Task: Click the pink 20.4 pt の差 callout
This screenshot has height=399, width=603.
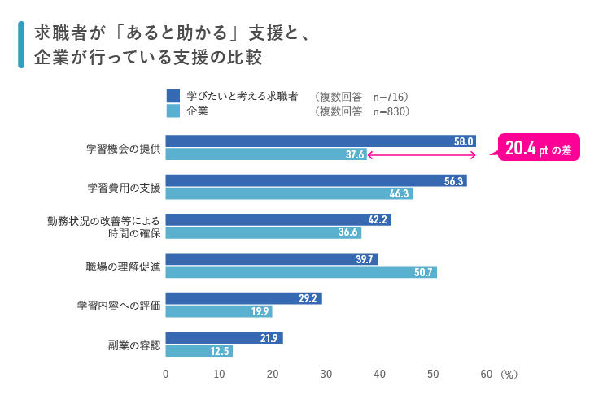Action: [x=538, y=148]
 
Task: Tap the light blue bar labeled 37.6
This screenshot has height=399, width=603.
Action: [x=266, y=154]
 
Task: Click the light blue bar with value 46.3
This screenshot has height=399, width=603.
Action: [x=289, y=193]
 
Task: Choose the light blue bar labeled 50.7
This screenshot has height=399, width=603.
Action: [x=301, y=272]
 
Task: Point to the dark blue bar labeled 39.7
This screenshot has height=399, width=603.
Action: [x=272, y=259]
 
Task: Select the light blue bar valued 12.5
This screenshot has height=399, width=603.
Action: [x=199, y=351]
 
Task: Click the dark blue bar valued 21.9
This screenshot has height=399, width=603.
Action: [x=224, y=338]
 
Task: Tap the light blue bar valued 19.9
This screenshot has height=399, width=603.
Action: [x=219, y=311]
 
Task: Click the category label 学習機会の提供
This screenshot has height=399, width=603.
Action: [x=124, y=149]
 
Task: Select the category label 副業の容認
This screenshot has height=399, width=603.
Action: [x=134, y=345]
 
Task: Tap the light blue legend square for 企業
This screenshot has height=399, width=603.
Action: [x=172, y=111]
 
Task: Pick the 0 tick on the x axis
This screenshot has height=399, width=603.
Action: [x=166, y=375]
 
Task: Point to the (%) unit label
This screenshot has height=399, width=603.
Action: [x=509, y=375]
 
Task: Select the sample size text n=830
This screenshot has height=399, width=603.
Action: [x=390, y=111]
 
